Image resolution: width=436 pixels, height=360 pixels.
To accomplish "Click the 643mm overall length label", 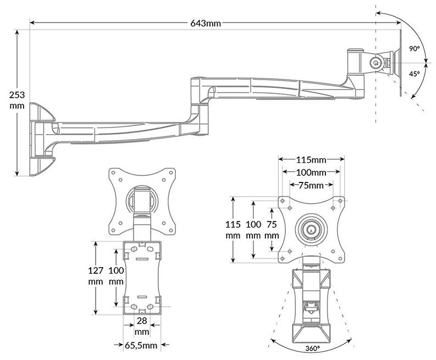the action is point(206,23).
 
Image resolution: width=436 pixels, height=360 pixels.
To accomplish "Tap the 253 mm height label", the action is point(17,100).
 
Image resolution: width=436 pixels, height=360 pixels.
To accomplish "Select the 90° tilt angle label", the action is point(414,49).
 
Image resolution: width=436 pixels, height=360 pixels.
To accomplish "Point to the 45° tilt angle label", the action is point(415,74).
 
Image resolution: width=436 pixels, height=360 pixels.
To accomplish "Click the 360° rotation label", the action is point(312,348).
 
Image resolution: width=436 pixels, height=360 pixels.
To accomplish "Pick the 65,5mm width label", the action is point(141,345).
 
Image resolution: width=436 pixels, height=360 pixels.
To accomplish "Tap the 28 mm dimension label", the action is point(142,326).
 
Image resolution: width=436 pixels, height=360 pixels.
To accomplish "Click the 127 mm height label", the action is point(96,275).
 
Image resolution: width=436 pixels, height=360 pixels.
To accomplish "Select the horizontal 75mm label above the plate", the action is point(311,185).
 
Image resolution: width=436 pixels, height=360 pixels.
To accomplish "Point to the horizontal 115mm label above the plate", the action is point(311,160).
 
